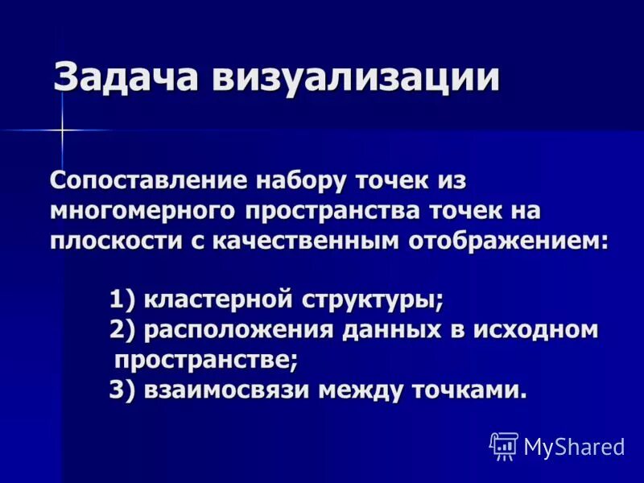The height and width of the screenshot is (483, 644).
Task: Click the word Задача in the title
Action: (126, 79)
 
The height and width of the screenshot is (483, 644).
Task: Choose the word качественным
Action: (302, 241)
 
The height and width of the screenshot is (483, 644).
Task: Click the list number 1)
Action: (125, 301)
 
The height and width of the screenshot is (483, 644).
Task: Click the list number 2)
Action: (125, 330)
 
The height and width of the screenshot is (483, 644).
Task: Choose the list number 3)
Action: (125, 390)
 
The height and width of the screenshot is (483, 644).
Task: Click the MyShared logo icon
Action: (504, 445)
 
